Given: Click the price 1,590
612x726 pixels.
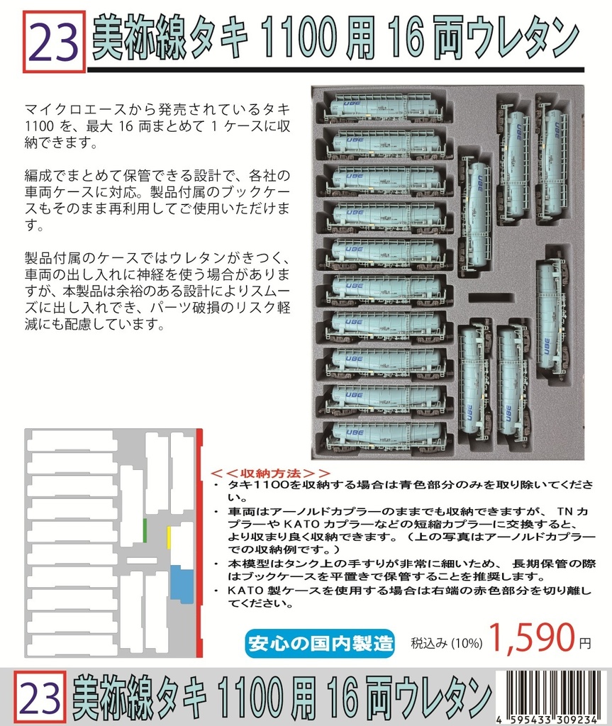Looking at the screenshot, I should tap(530, 640).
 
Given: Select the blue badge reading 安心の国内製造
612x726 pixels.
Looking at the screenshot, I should tap(321, 643).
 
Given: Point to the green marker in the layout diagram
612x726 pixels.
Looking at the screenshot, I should tap(145, 530).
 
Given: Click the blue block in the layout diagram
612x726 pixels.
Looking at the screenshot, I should tap(182, 584).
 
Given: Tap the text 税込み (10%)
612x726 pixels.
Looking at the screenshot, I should tap(447, 644).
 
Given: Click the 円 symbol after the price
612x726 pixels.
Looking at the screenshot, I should tap(584, 644).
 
